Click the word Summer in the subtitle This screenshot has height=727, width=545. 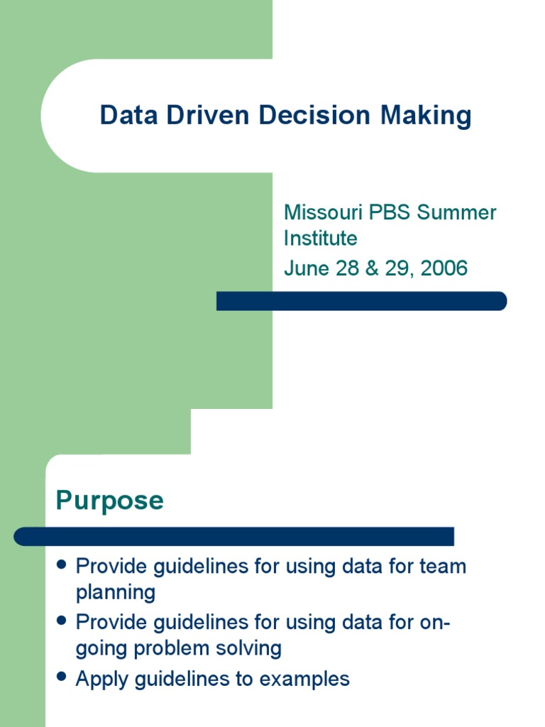pyautogui.click(x=457, y=212)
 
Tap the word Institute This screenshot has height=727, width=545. pyautogui.click(x=320, y=238)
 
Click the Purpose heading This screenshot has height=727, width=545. pyautogui.click(x=110, y=501)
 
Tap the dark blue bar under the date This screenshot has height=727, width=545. pyautogui.click(x=361, y=301)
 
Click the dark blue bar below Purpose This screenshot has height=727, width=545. pyautogui.click(x=234, y=537)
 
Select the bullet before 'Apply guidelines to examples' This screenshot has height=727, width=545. pyautogui.click(x=62, y=677)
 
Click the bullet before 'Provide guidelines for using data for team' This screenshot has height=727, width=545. pyautogui.click(x=62, y=565)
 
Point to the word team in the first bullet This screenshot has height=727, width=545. pyautogui.click(x=443, y=567)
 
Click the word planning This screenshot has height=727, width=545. pyautogui.click(x=115, y=592)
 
